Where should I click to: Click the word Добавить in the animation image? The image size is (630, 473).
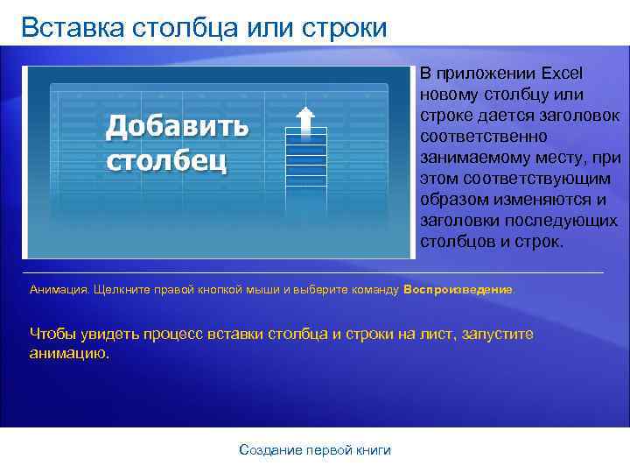178,127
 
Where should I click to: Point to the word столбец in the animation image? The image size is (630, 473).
166,161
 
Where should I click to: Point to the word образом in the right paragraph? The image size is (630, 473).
451,200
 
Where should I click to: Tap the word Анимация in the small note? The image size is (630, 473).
59,288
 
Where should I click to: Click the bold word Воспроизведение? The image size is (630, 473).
459,288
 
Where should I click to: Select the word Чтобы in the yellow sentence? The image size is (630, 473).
53,334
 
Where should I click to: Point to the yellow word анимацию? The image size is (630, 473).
70,354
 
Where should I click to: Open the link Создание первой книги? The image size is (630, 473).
315,449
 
